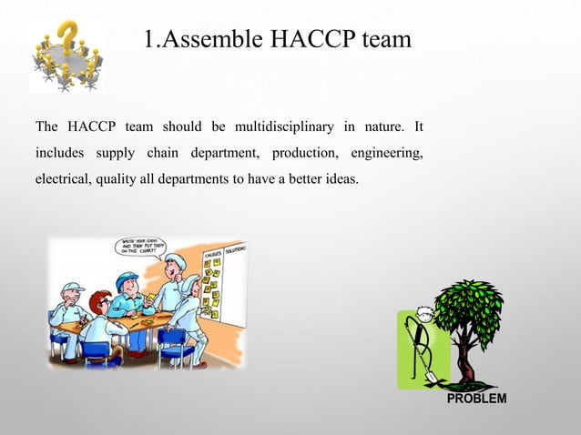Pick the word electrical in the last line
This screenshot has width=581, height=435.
click(62, 178)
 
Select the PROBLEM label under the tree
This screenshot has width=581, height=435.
click(477, 399)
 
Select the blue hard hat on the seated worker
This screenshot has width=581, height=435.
click(127, 278)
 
